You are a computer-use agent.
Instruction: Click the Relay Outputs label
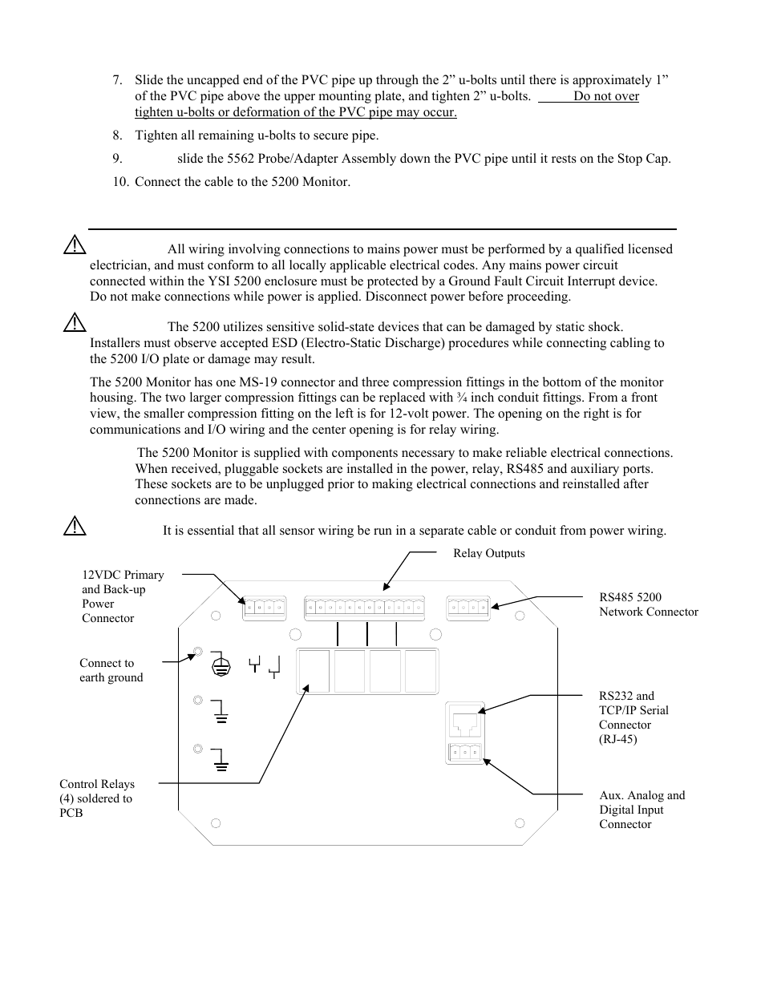click(488, 553)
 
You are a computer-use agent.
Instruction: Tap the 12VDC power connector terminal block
click(264, 608)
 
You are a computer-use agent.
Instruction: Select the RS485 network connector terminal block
click(467, 608)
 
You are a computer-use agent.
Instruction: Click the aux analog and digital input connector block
click(464, 752)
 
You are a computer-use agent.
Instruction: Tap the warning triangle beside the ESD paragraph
click(75, 324)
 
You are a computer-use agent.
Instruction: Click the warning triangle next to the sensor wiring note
click(75, 527)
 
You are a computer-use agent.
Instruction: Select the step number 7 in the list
click(117, 80)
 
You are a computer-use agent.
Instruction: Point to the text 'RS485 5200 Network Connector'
click(648, 604)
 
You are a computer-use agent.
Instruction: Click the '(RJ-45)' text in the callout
click(617, 739)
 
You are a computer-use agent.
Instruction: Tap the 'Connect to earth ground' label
click(111, 670)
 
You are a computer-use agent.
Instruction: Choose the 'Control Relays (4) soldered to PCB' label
click(96, 798)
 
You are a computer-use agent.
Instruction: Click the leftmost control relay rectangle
click(314, 671)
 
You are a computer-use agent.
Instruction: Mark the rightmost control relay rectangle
click(420, 671)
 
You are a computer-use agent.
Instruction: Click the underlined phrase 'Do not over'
click(606, 96)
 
